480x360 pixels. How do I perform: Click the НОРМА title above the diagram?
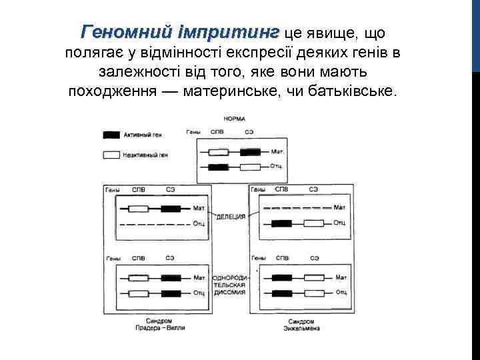point(233,119)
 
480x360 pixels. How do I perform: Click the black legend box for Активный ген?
point(111,135)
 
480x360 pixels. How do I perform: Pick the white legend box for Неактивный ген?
point(111,155)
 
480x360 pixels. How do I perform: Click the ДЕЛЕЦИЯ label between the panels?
point(231,217)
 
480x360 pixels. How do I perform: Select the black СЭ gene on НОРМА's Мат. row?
point(250,151)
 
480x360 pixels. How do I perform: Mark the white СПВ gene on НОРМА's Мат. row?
point(218,151)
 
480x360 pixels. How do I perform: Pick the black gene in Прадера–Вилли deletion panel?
point(171,209)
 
